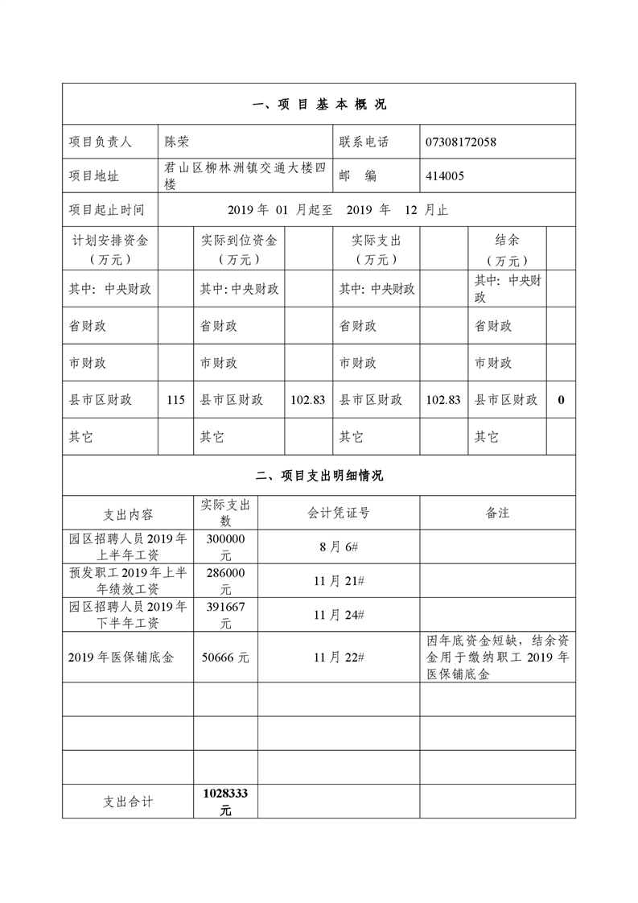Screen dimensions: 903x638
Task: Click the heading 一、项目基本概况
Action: (319, 105)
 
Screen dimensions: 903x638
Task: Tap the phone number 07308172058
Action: (461, 142)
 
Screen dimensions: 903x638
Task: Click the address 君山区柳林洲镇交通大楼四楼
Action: (245, 175)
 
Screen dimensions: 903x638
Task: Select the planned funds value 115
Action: (175, 400)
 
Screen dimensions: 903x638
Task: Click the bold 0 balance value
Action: (561, 400)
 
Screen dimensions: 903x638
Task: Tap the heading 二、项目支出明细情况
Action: (319, 476)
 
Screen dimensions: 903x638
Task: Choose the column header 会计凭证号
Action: (339, 513)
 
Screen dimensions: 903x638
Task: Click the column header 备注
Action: (497, 513)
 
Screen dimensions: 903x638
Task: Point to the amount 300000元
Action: (226, 546)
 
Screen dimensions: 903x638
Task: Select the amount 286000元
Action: (226, 580)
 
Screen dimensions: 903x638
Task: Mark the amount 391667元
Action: (226, 615)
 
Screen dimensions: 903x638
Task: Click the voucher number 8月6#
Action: (339, 546)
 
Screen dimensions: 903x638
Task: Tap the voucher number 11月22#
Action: (339, 658)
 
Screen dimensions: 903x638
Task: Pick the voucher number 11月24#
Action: (339, 615)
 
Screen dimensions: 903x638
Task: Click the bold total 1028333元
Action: (226, 802)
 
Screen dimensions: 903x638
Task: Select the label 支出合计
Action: (128, 802)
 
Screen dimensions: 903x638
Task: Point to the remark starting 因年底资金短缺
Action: (497, 658)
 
